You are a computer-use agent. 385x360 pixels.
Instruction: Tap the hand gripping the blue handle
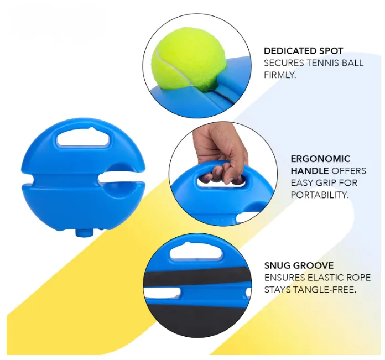(220, 153)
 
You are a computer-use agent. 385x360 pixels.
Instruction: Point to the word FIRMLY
(280, 75)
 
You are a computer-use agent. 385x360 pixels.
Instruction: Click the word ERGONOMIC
(320, 159)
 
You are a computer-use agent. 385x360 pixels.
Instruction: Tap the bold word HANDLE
(310, 171)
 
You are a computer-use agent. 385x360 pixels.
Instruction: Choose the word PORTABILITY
(320, 195)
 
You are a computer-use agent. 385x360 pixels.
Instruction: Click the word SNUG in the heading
(277, 265)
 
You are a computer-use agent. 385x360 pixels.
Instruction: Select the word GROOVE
(313, 265)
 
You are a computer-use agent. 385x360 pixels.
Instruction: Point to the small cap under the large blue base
(84, 232)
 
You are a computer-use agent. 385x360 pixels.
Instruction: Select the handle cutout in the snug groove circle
(196, 253)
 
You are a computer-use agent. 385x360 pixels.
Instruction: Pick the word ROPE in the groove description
(360, 278)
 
